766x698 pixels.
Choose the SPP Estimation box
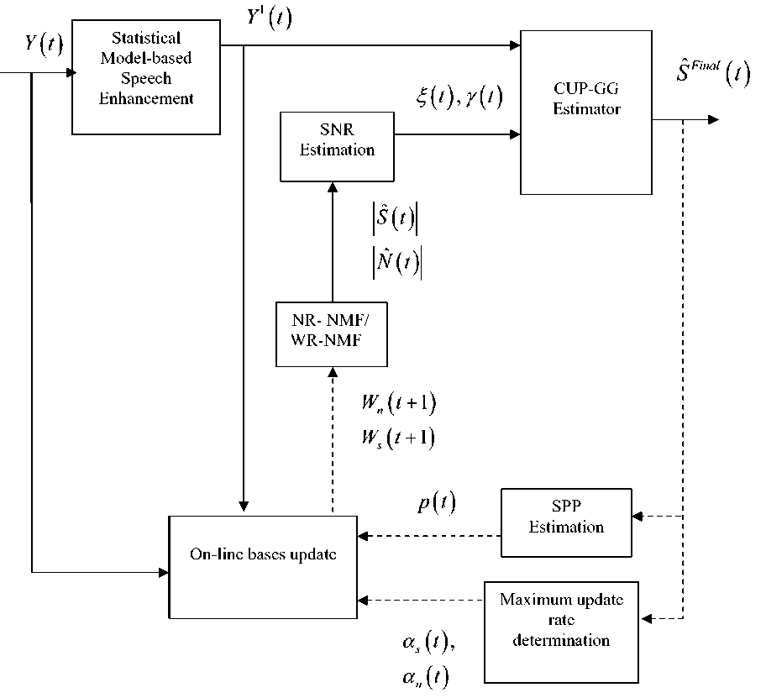pos(566,521)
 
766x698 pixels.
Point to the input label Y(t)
pos(44,43)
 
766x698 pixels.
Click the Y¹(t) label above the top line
pos(268,18)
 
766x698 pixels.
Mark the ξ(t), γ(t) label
pos(459,97)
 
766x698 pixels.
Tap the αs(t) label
pos(428,644)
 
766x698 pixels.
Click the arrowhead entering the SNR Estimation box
pos(333,187)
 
